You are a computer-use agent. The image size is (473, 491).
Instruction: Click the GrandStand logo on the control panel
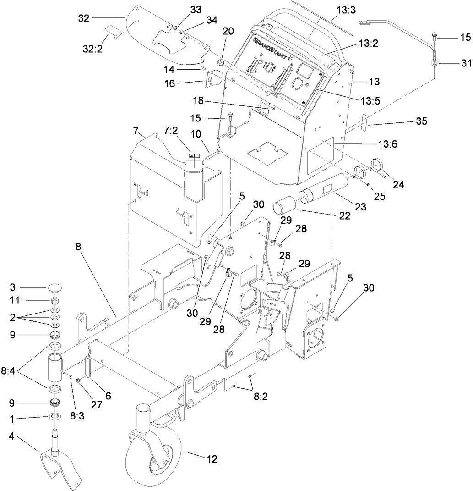coord(270,49)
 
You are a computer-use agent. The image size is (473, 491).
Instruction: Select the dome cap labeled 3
coord(55,290)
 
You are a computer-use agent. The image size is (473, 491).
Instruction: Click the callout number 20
coord(228,31)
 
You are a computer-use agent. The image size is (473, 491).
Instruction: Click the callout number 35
coord(421,121)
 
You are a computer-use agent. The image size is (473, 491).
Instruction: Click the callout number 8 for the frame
coord(78,246)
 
